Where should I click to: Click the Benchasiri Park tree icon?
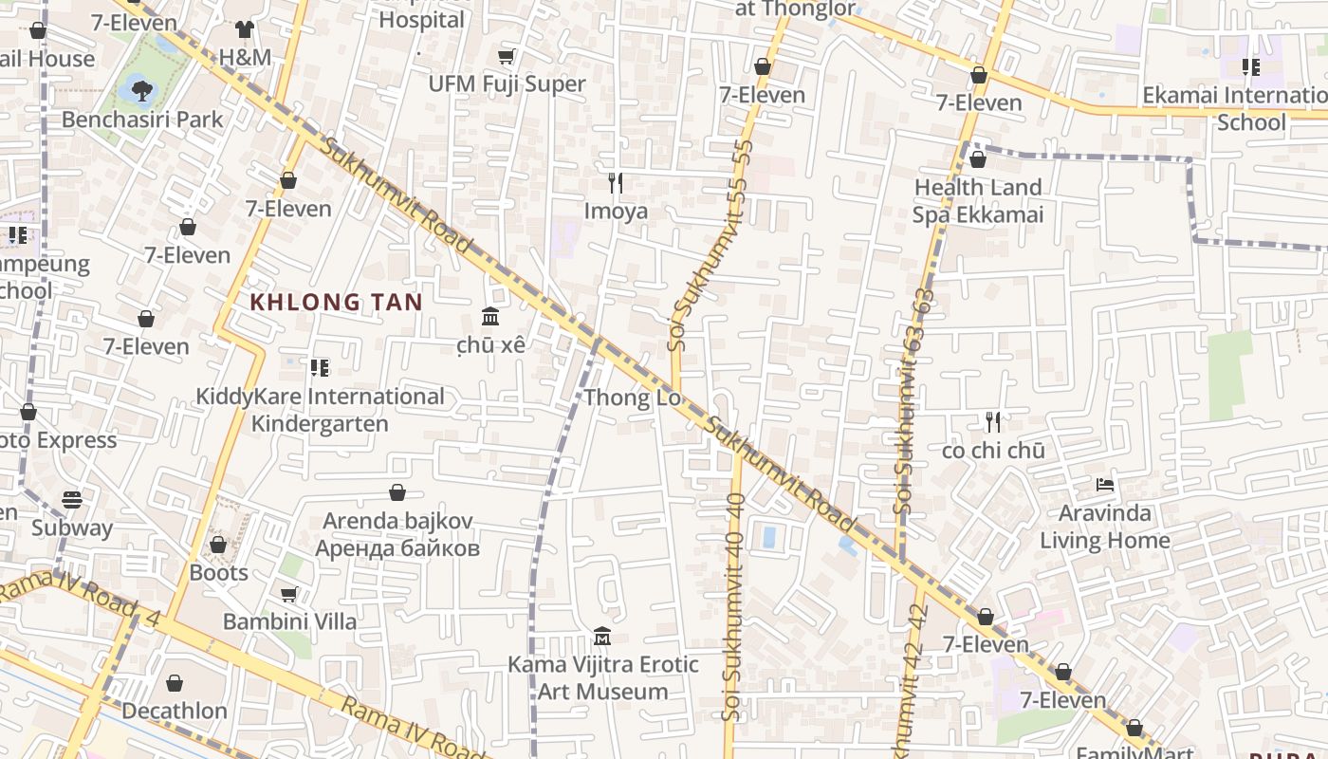point(141,91)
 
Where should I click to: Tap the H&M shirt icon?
point(245,29)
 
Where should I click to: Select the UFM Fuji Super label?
point(507,83)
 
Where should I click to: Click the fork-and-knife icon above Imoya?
point(616,183)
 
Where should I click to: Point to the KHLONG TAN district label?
point(336,303)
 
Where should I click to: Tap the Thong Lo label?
point(632,398)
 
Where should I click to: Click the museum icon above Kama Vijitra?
point(602,636)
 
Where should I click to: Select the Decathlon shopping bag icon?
point(175,683)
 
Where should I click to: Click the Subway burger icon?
point(72,499)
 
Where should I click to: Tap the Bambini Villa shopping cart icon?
point(289,594)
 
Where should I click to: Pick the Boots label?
point(218,573)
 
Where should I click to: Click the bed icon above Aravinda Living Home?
point(1104,485)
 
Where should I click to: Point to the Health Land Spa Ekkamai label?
point(978,201)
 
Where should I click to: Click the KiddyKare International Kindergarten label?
point(320,410)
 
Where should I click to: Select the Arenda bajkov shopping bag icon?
point(397,493)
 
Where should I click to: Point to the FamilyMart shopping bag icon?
point(1134,729)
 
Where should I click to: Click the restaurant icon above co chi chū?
point(993,422)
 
